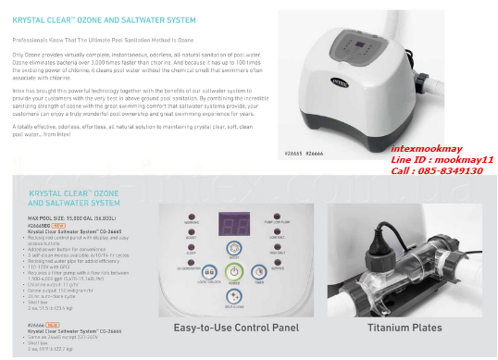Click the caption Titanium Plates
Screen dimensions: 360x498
[x=405, y=328]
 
